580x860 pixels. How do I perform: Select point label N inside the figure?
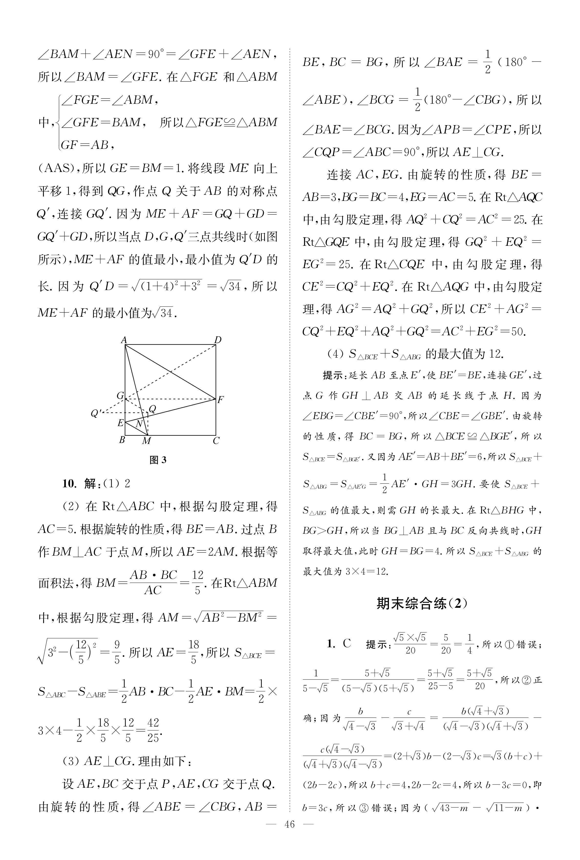[139, 424]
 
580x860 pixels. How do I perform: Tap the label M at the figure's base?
[147, 441]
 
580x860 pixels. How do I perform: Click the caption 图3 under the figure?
[158, 460]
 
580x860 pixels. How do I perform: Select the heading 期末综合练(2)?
[422, 603]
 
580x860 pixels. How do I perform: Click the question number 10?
[69, 483]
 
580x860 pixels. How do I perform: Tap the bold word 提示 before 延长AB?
[334, 375]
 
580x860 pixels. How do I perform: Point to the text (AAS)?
[55, 169]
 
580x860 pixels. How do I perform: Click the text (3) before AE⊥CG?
[71, 761]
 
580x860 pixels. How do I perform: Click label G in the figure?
[120, 396]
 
